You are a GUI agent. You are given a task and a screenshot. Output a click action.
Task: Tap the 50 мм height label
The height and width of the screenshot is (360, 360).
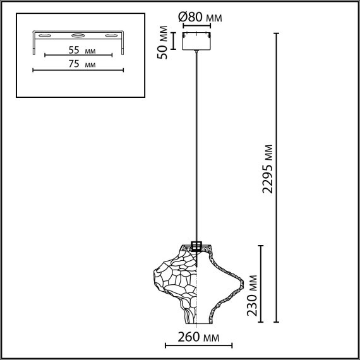pos(163,42)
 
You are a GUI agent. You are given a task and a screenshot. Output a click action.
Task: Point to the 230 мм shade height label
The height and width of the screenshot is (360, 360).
pos(253,295)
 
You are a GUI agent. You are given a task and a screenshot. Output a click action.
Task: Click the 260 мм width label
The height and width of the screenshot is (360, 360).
pos(198,337)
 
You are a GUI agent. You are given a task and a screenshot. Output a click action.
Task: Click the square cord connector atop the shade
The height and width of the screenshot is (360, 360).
pos(196,246)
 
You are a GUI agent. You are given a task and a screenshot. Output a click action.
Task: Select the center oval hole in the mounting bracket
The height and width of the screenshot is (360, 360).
pos(78,36)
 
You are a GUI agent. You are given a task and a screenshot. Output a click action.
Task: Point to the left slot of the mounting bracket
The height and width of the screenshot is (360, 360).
pos(45,36)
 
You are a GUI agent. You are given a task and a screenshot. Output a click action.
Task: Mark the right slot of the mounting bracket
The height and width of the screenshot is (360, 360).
pos(112,36)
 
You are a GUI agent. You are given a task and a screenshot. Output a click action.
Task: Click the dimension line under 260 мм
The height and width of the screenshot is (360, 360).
pos(198,346)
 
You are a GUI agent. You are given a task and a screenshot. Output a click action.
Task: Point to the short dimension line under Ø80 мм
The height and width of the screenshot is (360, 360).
pos(197,26)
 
